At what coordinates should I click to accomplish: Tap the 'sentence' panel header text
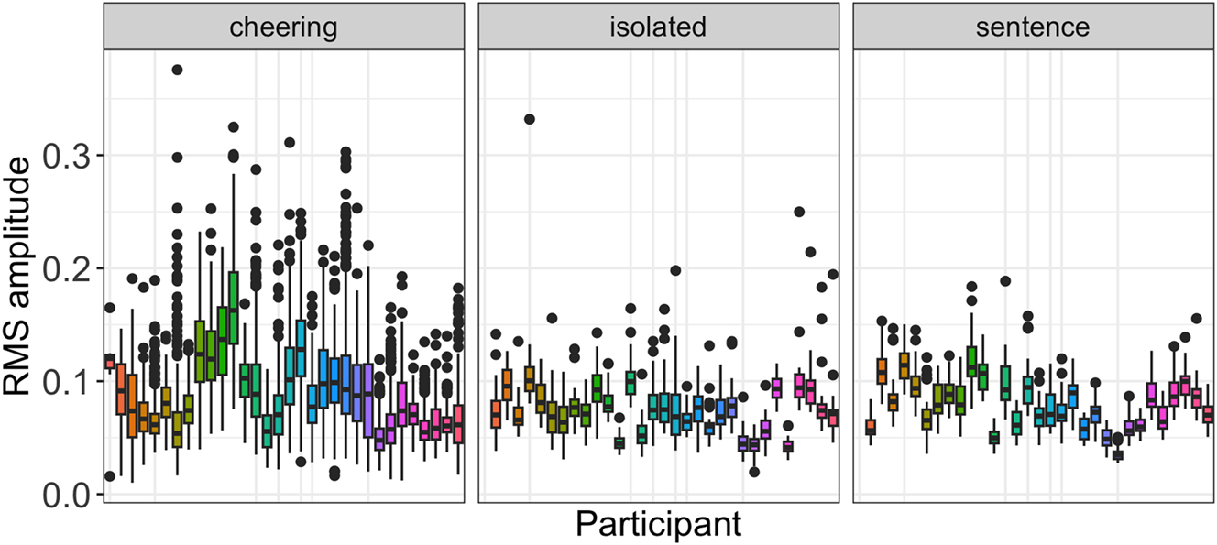(1031, 27)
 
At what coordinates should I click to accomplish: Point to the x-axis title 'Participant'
(658, 526)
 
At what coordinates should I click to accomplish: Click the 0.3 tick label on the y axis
(68, 156)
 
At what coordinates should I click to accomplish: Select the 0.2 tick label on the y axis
(68, 268)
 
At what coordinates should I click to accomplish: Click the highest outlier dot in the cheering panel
(178, 70)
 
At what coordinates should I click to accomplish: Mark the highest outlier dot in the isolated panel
(530, 119)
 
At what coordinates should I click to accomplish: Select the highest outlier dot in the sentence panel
(1005, 281)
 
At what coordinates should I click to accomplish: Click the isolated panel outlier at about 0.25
(799, 212)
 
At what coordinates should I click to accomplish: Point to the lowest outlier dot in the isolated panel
(754, 472)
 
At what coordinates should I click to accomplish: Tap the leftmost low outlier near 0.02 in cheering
(110, 475)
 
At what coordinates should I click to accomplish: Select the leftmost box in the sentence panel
(870, 427)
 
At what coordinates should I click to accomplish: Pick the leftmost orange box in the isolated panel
(496, 414)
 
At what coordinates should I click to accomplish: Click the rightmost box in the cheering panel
(458, 423)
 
